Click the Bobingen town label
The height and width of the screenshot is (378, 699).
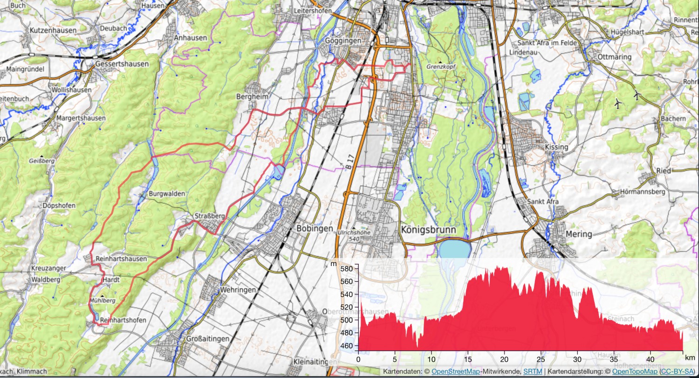click(x=315, y=229)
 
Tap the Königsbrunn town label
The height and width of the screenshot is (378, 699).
click(x=427, y=230)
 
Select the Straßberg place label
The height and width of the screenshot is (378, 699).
click(x=210, y=216)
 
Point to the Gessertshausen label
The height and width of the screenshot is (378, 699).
click(x=122, y=64)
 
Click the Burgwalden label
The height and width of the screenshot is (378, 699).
click(x=167, y=193)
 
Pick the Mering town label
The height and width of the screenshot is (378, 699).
click(x=578, y=234)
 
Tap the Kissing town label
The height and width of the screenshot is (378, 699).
click(x=556, y=147)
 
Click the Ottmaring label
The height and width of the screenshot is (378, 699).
click(x=615, y=57)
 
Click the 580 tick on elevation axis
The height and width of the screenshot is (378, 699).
click(x=346, y=269)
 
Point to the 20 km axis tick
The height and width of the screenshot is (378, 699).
click(x=504, y=359)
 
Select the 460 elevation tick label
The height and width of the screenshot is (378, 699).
click(x=346, y=346)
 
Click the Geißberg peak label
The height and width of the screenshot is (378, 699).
click(x=41, y=161)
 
